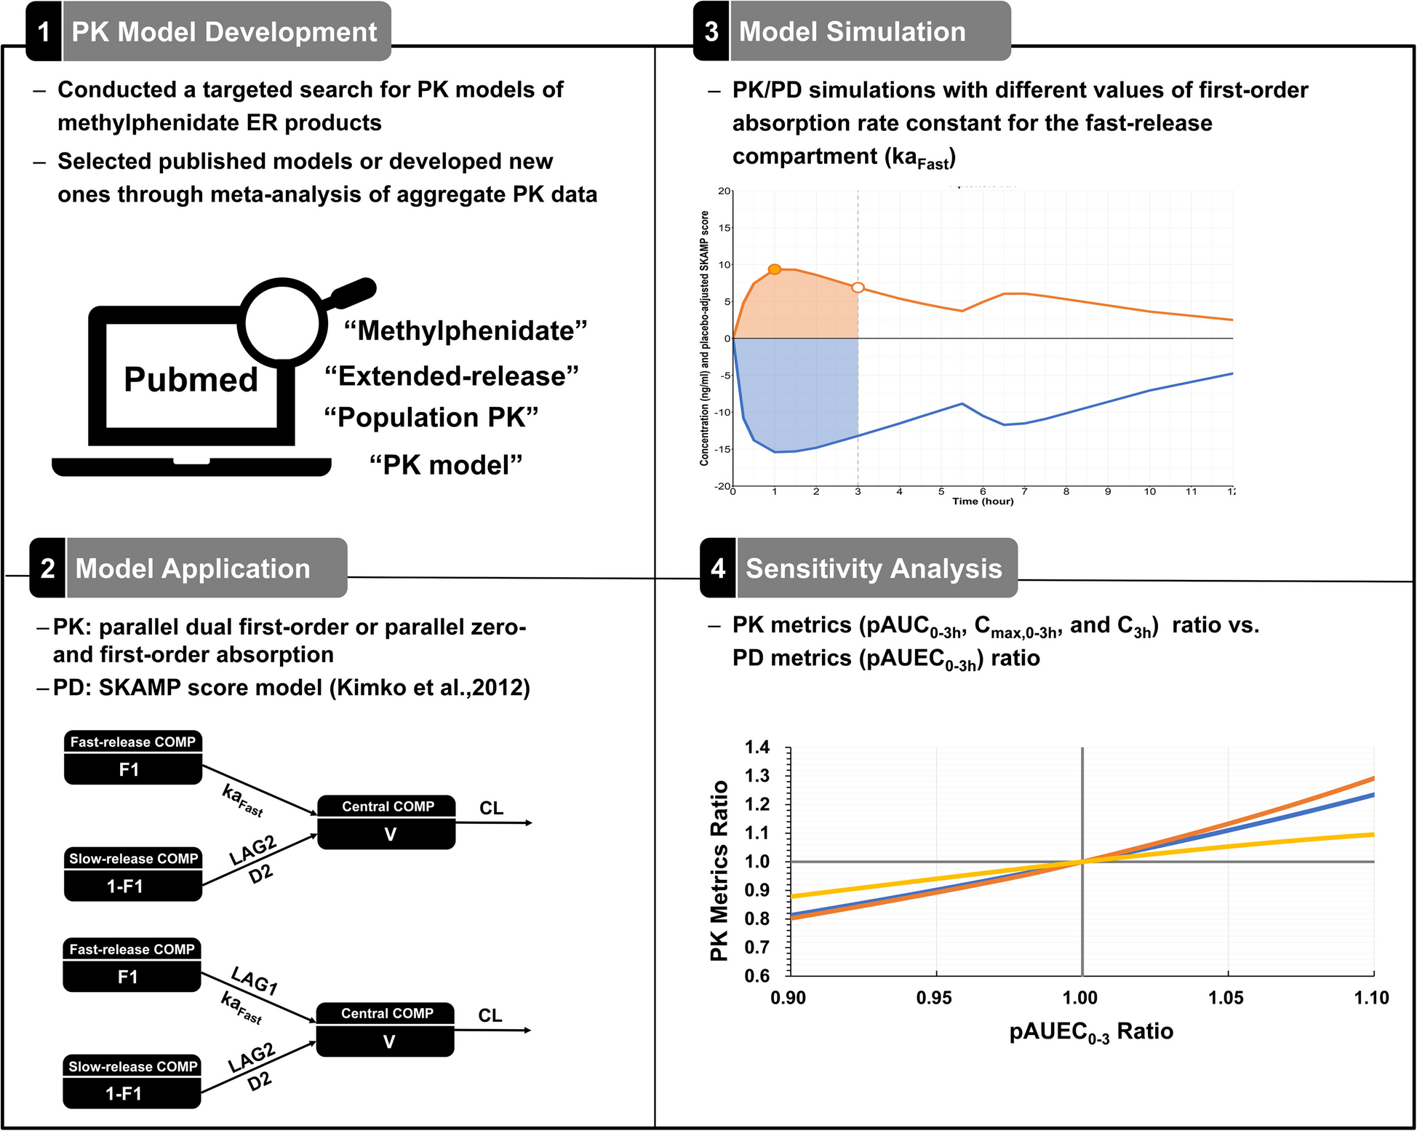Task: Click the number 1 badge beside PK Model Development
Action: (44, 32)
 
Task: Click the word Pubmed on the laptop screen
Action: (191, 380)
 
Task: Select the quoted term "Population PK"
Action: (431, 418)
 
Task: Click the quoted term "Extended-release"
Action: (451, 376)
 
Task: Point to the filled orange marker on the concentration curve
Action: (775, 269)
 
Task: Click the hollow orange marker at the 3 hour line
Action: (858, 288)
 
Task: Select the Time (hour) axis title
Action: (983, 501)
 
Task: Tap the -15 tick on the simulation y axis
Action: (724, 449)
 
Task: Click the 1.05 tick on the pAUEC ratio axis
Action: (1226, 998)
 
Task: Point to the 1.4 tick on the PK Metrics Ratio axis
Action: (757, 747)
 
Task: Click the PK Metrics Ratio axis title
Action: (719, 870)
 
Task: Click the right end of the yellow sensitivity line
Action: (1372, 835)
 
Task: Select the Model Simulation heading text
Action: (852, 32)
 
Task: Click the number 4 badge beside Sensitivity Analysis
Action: (718, 568)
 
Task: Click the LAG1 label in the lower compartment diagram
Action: (254, 981)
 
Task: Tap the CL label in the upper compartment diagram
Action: (491, 809)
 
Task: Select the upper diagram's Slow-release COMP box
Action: (133, 873)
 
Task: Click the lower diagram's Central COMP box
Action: (386, 1029)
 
